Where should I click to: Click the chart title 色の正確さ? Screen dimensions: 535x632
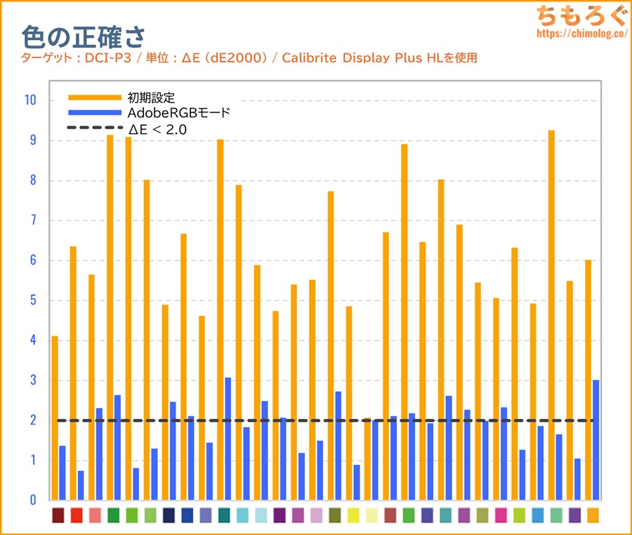tap(83, 37)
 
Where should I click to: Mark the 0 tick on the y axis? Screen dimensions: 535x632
tap(32, 501)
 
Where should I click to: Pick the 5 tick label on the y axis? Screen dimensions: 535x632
tap(32, 300)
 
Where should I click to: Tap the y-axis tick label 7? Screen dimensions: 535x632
tap(32, 220)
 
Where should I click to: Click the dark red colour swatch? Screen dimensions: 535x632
tap(58, 515)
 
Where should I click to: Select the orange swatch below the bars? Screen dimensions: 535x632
tap(593, 515)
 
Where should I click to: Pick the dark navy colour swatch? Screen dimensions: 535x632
tap(169, 515)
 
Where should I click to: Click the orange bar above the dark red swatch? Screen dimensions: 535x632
tap(55, 418)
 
